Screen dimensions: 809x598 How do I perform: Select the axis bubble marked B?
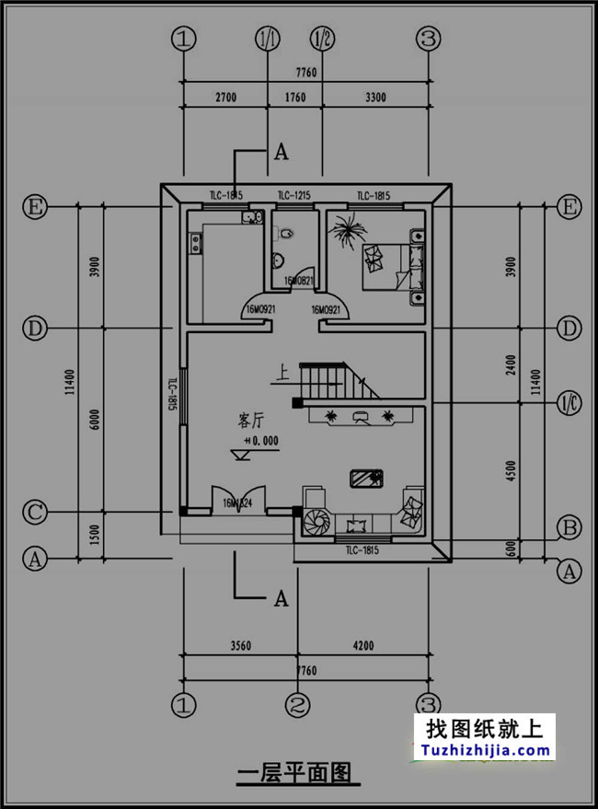(x=569, y=528)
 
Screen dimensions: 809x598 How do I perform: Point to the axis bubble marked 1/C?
(x=569, y=402)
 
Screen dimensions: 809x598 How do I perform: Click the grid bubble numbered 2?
(x=295, y=706)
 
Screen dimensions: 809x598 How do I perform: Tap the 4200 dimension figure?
(x=362, y=646)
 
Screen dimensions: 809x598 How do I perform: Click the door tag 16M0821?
(x=300, y=281)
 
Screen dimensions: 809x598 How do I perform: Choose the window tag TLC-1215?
(x=294, y=195)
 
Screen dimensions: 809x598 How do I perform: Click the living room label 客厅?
(x=250, y=422)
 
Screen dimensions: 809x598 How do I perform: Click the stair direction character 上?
(x=282, y=374)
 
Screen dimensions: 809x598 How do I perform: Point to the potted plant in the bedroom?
(x=347, y=230)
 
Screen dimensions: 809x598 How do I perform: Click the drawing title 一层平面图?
(x=294, y=773)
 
